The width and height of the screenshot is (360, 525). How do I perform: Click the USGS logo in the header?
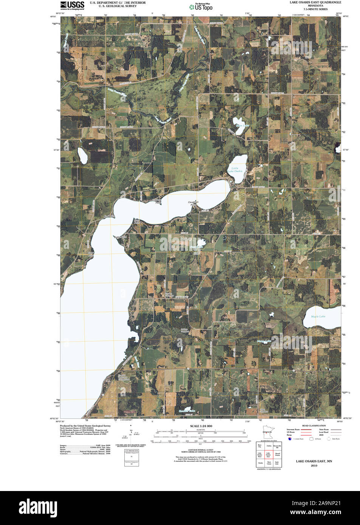[72, 5]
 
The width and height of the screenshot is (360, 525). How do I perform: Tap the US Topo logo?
[201, 7]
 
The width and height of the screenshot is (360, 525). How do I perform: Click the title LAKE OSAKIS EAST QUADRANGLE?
[315, 2]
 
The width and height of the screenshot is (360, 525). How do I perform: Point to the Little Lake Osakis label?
[235, 170]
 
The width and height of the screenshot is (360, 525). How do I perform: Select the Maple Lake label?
[318, 317]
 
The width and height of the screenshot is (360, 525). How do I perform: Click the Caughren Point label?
[193, 203]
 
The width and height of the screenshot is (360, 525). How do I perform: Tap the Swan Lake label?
[243, 125]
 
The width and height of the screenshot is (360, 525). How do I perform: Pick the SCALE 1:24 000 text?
[201, 426]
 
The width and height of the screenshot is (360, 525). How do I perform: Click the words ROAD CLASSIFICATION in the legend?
[314, 426]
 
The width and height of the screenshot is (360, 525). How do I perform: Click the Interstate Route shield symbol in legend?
[290, 439]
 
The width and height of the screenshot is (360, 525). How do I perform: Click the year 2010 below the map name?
[314, 466]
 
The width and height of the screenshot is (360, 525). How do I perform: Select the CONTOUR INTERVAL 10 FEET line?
[201, 450]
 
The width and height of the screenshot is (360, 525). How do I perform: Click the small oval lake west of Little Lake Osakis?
[83, 156]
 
